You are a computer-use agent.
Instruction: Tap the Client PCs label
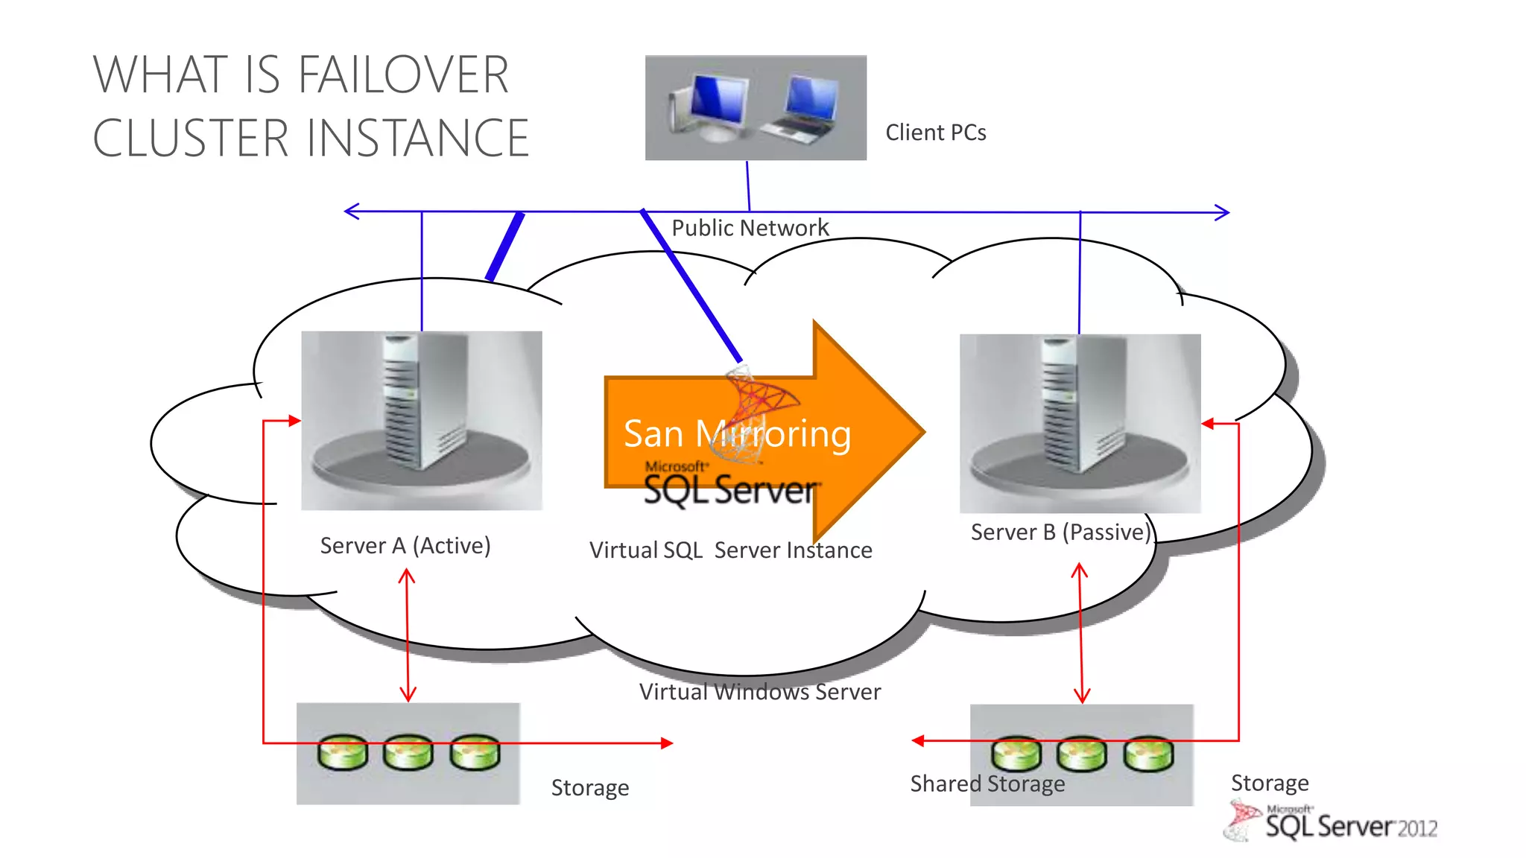(935, 133)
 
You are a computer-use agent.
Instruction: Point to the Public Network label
(750, 228)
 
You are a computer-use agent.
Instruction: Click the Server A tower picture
(422, 406)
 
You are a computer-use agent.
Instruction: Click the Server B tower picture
(1079, 408)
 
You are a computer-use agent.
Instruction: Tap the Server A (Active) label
(405, 545)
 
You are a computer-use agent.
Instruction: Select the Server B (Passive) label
(1060, 532)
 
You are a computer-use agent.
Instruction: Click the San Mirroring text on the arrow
(736, 433)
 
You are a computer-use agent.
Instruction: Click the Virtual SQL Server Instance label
(730, 550)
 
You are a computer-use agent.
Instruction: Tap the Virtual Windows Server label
(759, 692)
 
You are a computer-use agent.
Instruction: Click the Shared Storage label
(987, 784)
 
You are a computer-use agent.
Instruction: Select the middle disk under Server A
(408, 752)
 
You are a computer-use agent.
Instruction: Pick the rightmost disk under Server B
(1148, 754)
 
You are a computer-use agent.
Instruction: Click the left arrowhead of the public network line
(350, 212)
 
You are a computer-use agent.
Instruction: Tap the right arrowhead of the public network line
(1223, 212)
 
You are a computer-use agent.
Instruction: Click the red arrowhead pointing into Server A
(295, 421)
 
